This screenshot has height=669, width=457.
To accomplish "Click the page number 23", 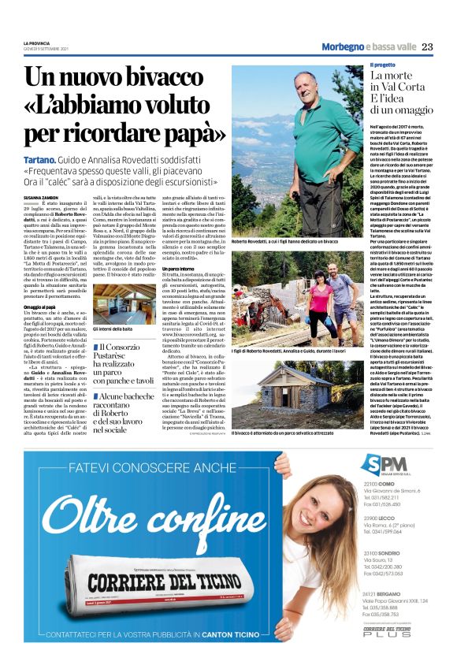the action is tap(428, 46).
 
